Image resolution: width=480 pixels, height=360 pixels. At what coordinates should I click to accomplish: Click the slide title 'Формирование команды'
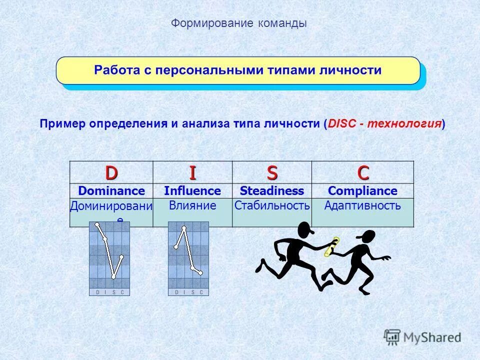pos(239,23)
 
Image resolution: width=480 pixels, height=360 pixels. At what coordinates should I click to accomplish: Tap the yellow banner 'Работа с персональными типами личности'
pos(238,70)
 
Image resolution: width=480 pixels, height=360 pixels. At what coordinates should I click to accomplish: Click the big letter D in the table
pos(111,172)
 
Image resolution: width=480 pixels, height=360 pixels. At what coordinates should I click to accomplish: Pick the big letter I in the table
pos(192,172)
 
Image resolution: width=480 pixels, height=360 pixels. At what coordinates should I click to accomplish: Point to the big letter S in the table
pos(272,172)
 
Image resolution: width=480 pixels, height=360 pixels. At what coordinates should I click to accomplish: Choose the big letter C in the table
pos(362,172)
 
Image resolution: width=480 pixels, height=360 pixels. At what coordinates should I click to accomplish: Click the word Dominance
pos(111,191)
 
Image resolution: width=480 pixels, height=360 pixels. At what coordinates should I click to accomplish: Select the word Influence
pos(192,191)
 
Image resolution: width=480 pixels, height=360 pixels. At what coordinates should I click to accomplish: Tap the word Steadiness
pos(272,191)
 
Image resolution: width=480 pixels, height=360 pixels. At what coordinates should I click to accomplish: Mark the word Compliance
pos(362,191)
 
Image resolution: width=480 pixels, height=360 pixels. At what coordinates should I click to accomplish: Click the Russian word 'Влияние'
pos(192,205)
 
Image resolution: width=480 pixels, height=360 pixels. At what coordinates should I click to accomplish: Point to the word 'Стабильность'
pos(272,205)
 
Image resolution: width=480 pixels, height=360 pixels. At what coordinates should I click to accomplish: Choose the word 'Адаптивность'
pos(362,205)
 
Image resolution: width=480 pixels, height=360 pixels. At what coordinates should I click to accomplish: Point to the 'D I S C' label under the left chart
pos(109,292)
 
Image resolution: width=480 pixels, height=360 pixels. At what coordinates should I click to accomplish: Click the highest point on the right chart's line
pos(184,228)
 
